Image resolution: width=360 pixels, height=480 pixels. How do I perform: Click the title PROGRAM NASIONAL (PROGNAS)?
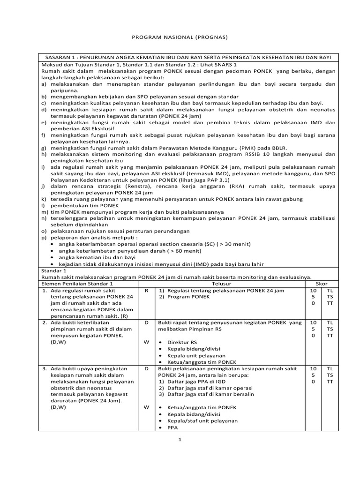pos(180,36)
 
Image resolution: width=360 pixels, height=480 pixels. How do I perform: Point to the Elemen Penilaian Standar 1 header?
pos(78,284)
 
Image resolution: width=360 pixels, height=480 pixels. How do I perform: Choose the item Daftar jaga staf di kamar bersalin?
pos(210,395)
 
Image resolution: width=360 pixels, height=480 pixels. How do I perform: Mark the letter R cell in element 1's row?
pos(147,291)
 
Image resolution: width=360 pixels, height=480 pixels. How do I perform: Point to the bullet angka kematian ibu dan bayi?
pos(97,257)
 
